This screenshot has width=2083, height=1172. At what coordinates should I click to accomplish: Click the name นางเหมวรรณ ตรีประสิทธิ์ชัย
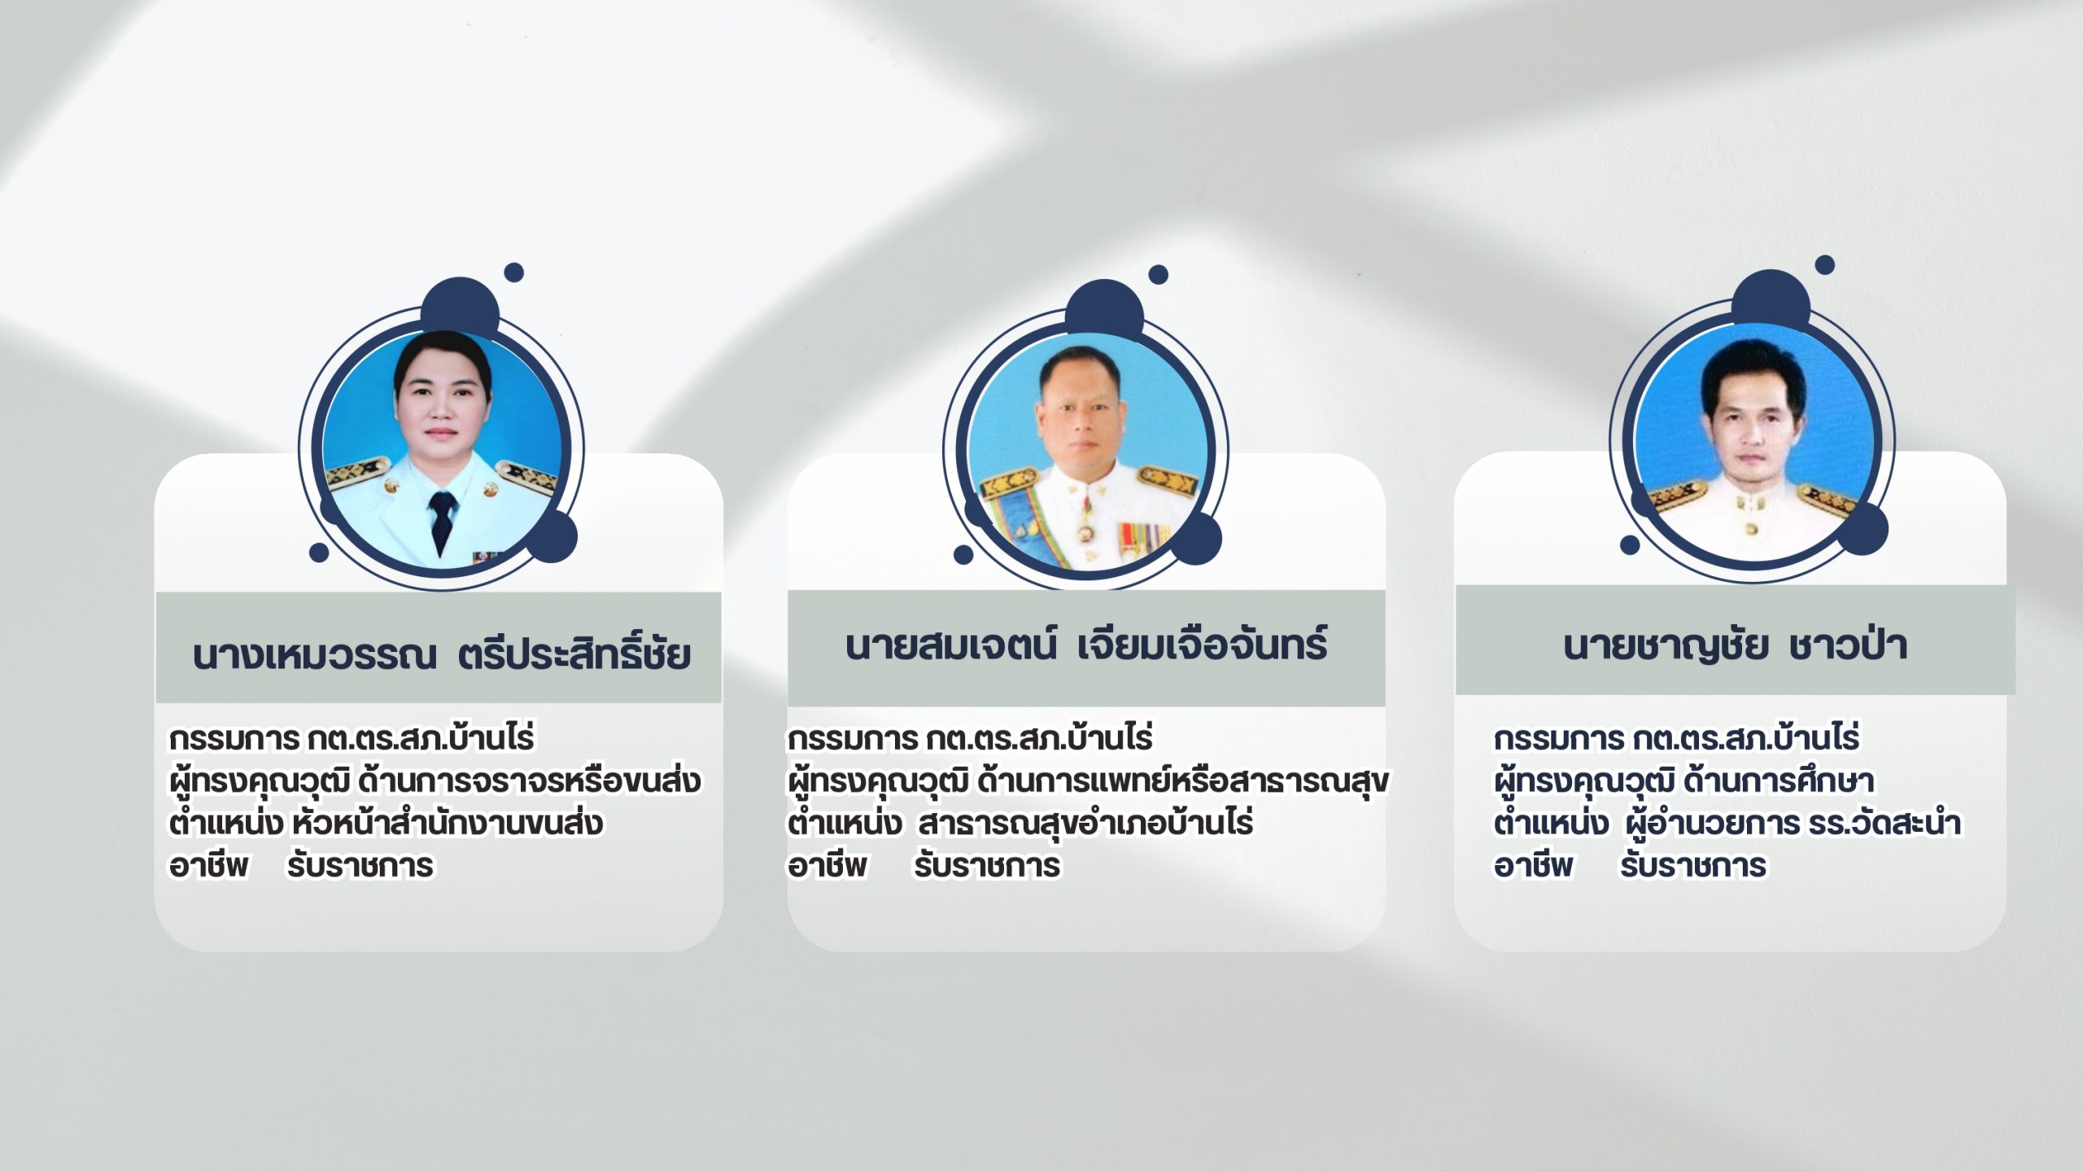pyautogui.click(x=442, y=653)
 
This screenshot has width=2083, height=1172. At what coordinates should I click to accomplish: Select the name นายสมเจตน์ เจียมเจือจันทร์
pyautogui.click(x=1086, y=645)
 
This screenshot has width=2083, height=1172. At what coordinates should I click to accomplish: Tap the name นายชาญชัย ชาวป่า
pyautogui.click(x=1735, y=645)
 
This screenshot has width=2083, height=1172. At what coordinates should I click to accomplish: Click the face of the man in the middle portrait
pyautogui.click(x=1085, y=411)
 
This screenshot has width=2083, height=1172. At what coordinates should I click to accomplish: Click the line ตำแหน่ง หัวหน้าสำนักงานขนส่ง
pyautogui.click(x=386, y=822)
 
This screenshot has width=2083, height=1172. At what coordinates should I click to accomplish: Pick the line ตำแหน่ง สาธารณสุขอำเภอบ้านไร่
pyautogui.click(x=1020, y=822)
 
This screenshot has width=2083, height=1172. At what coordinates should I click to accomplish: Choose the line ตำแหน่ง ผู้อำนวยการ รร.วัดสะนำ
pyautogui.click(x=1727, y=822)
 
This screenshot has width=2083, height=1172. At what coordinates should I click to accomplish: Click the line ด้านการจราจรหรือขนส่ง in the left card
pyautogui.click(x=529, y=781)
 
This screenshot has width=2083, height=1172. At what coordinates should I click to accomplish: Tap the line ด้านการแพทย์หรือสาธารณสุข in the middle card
pyautogui.click(x=1183, y=781)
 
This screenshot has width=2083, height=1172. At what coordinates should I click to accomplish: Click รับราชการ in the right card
pyautogui.click(x=1692, y=866)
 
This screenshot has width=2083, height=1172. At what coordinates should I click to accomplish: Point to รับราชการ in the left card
pyautogui.click(x=360, y=866)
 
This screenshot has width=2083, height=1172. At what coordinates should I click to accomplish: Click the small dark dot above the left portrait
pyautogui.click(x=513, y=273)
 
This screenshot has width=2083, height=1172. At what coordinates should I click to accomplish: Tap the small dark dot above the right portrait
pyautogui.click(x=1825, y=265)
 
